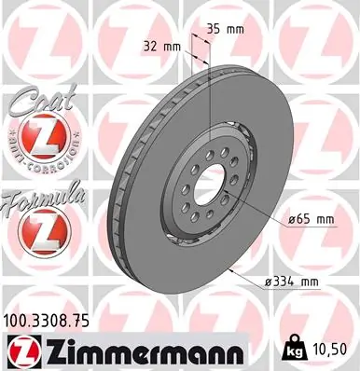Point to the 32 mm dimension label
164,46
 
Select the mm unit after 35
236,30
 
